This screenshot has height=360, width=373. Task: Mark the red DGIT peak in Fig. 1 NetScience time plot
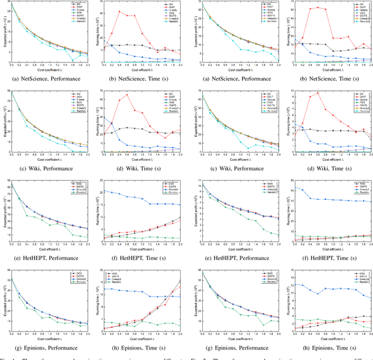(118, 11)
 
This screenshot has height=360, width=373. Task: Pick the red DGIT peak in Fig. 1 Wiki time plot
(127, 94)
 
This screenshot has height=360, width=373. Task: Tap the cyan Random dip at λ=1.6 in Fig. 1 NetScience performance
(73, 60)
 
